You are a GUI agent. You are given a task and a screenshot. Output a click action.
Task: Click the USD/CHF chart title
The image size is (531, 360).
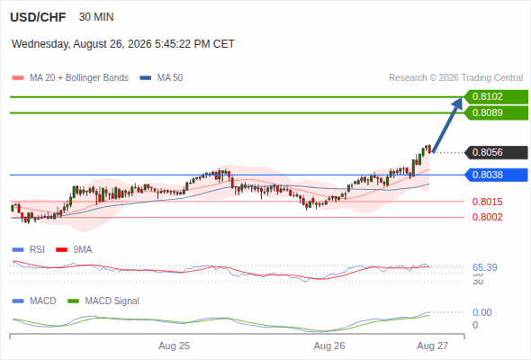point(38,17)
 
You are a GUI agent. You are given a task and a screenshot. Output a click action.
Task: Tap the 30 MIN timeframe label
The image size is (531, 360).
point(96,17)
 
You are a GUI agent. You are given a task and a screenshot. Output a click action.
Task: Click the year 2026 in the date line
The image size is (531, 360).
point(139,44)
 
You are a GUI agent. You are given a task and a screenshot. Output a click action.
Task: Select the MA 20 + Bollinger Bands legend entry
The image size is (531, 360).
point(70,78)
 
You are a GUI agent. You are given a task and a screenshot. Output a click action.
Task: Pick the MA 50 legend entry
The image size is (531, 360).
point(161,78)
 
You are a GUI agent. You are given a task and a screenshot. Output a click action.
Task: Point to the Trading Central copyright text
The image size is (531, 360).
point(455,78)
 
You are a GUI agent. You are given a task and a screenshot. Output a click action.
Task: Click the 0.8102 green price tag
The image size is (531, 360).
point(496,97)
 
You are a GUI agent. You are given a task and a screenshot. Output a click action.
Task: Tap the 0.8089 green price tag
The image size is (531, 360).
point(496,112)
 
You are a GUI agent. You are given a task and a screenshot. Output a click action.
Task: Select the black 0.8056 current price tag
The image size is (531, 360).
point(496,152)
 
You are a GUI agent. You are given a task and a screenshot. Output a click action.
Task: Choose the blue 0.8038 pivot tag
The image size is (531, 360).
point(496,175)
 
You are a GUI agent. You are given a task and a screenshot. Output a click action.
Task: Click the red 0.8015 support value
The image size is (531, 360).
point(487,202)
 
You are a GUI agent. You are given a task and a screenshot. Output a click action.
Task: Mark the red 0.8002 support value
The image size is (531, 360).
point(487,217)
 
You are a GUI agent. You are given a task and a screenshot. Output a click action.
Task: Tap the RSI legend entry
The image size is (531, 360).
point(29,249)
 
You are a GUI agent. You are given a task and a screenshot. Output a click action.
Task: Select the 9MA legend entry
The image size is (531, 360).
point(74,249)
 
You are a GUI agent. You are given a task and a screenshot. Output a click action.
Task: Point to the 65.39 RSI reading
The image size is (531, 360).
point(485,267)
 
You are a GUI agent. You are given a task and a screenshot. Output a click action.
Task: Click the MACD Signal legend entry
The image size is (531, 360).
point(103,301)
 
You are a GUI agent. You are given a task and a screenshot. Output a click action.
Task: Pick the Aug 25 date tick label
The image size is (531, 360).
point(174,346)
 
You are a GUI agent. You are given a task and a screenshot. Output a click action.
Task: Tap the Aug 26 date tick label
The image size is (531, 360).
point(329,346)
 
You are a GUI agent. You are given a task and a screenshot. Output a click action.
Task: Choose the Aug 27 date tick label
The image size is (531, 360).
point(433,346)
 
